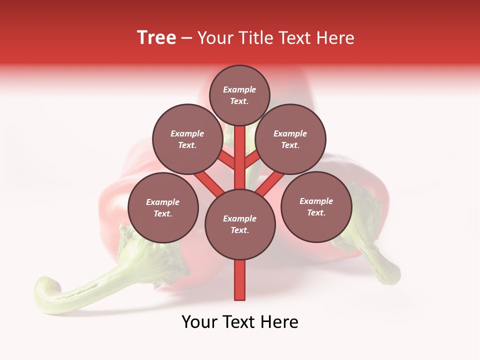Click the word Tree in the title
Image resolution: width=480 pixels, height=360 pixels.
click(x=156, y=37)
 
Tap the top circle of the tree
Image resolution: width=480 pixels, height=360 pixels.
click(x=239, y=95)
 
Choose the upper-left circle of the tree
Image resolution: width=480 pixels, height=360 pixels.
click(x=187, y=139)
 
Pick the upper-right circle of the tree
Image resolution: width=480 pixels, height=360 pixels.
click(x=290, y=139)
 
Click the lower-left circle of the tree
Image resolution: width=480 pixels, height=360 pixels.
click(x=163, y=207)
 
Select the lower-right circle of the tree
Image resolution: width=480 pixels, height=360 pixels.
click(x=316, y=206)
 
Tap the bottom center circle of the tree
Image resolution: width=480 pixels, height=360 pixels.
click(x=240, y=224)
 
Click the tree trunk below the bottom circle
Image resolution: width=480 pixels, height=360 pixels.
click(x=240, y=280)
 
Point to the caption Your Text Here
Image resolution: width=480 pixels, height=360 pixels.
click(x=240, y=322)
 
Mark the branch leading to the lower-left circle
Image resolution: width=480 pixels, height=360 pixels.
click(x=209, y=182)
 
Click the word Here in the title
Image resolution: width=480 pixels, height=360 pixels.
click(x=335, y=37)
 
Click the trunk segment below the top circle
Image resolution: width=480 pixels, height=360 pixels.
click(x=240, y=150)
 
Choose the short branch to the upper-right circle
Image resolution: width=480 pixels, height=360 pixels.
click(x=253, y=160)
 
